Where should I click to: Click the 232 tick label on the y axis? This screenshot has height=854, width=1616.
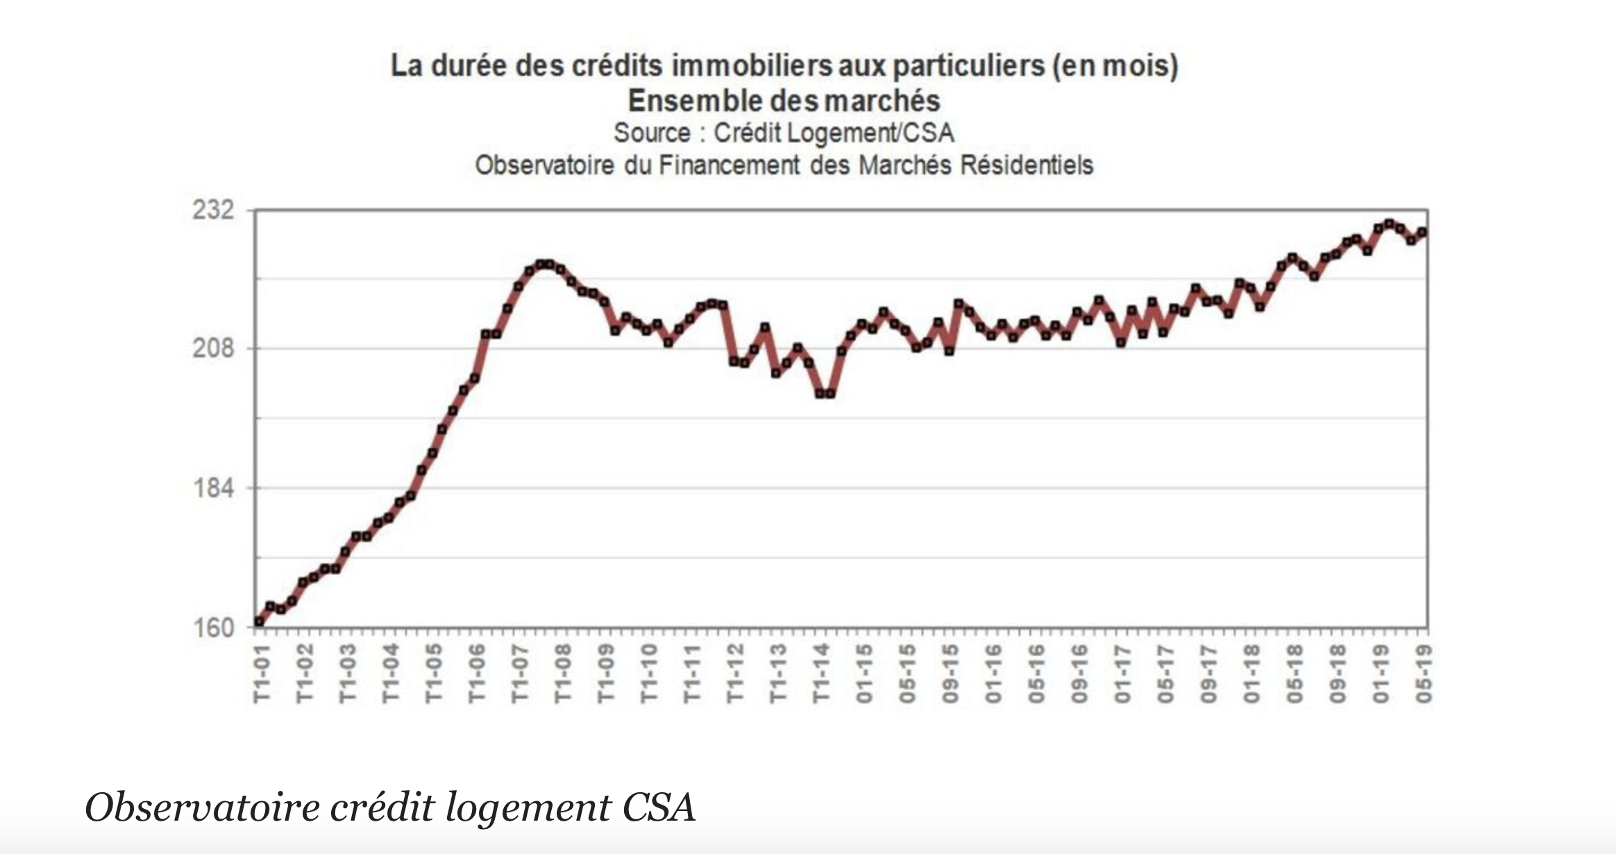click(212, 210)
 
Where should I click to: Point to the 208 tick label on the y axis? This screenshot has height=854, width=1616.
click(212, 348)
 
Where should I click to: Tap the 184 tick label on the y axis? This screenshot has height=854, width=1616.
click(212, 488)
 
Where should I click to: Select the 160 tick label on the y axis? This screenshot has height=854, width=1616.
click(212, 628)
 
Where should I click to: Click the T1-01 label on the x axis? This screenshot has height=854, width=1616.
click(261, 673)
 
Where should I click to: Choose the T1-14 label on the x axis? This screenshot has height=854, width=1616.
click(821, 673)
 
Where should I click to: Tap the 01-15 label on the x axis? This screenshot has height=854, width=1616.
click(864, 673)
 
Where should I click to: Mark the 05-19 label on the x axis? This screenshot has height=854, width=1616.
click(1424, 673)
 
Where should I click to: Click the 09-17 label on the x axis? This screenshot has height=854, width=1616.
click(1209, 673)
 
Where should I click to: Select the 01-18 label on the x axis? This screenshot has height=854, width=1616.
click(1252, 673)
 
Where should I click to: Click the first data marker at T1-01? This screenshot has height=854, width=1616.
click(259, 621)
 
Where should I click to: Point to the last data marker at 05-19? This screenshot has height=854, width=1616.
click(1422, 233)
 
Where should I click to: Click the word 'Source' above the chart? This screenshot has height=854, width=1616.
click(652, 133)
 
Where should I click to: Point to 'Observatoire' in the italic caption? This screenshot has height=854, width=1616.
click(202, 807)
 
